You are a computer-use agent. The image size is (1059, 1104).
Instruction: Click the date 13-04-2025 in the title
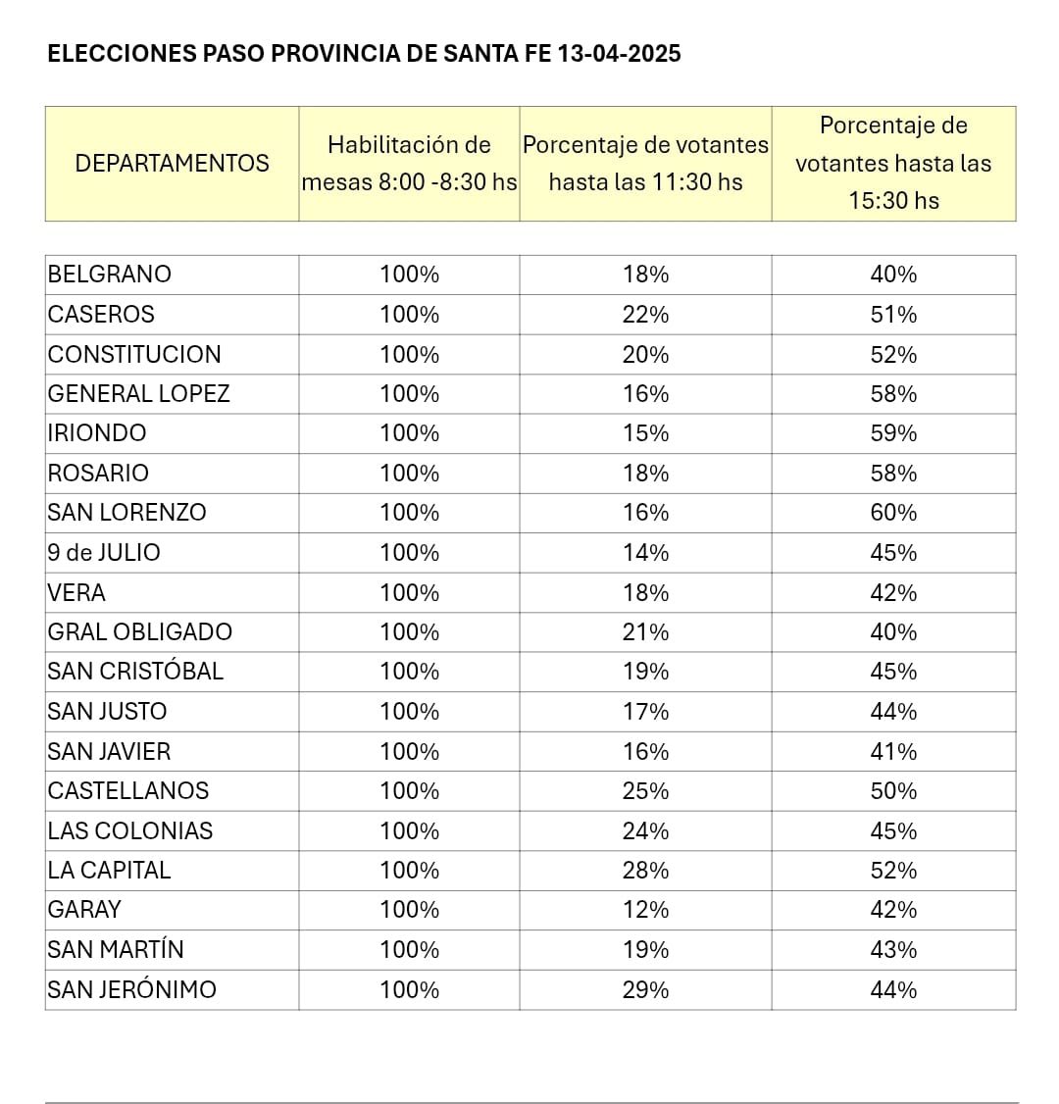(x=619, y=54)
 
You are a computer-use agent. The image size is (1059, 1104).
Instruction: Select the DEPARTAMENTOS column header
(x=172, y=163)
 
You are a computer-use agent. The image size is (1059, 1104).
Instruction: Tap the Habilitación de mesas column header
(x=409, y=163)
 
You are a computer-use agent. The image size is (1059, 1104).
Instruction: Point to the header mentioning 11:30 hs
(x=645, y=163)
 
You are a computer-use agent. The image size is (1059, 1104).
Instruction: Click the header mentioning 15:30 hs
(x=893, y=163)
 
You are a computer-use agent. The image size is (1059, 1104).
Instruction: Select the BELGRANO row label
(x=110, y=275)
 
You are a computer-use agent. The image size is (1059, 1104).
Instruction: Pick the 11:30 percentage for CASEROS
(x=645, y=315)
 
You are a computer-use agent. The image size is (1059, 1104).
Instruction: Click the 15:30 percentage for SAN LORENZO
(x=893, y=513)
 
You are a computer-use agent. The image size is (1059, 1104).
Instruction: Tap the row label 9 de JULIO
(x=104, y=553)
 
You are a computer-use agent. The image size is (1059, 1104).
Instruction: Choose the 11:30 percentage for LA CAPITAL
(x=645, y=871)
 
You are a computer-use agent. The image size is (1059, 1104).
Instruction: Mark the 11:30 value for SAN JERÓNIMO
(x=645, y=990)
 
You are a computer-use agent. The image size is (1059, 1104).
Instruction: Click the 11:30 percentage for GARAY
(x=645, y=910)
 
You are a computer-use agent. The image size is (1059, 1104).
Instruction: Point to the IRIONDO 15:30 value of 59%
(x=893, y=433)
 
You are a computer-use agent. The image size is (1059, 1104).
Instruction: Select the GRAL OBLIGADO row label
(x=140, y=632)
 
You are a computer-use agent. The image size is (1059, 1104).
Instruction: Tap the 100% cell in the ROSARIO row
(x=409, y=474)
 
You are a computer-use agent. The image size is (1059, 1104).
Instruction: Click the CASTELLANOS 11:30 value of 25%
(x=645, y=791)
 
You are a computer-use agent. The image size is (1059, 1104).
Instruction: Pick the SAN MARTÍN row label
(x=116, y=950)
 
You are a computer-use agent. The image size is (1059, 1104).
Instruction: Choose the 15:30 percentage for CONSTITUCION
(x=893, y=354)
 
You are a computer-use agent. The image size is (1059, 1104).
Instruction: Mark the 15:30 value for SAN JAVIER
(x=893, y=752)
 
